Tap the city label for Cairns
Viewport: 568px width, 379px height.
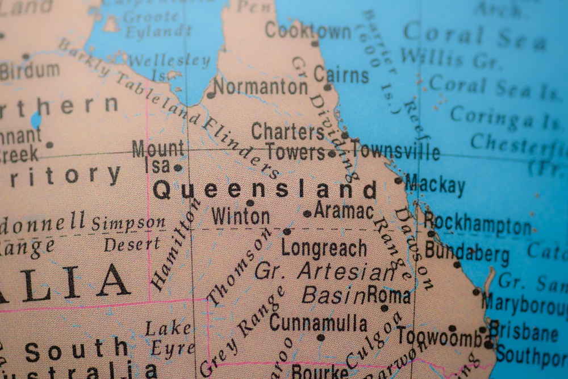click(341, 74)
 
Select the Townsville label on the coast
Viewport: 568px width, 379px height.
click(395, 151)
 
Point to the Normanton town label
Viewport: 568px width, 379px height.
click(261, 87)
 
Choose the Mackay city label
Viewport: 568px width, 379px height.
click(435, 185)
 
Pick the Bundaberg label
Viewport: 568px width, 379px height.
click(467, 251)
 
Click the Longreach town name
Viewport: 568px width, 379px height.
click(324, 248)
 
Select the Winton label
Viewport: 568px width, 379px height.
click(240, 216)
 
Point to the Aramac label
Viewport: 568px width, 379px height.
click(344, 211)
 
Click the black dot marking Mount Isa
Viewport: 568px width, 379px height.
click(178, 168)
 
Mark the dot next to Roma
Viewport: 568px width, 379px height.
click(385, 308)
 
